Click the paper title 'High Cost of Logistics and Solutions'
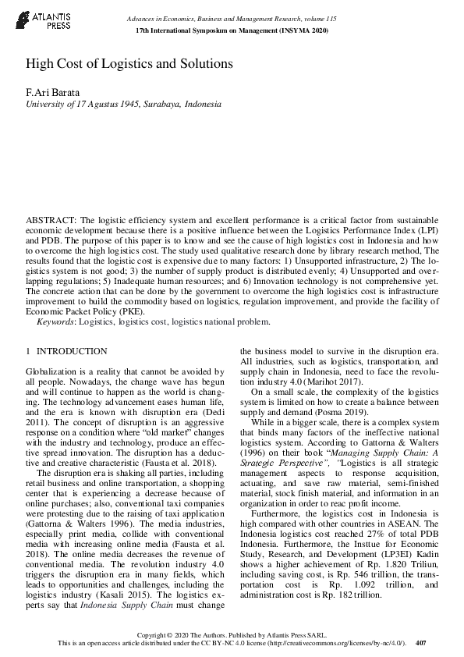point(129,63)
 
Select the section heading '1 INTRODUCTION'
point(67,352)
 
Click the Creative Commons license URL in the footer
point(337,642)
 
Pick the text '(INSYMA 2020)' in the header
point(303,30)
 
